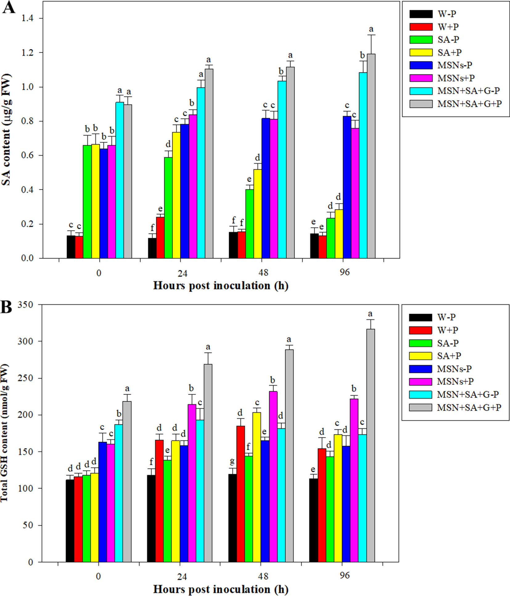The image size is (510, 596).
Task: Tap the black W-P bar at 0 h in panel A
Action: (x=71, y=247)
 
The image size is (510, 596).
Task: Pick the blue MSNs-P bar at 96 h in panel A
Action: (x=347, y=188)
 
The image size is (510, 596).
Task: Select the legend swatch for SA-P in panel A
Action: (x=421, y=40)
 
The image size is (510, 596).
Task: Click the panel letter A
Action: (x=8, y=8)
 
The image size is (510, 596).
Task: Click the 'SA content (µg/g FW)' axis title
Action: (x=6, y=130)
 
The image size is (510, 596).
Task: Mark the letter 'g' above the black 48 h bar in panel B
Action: (x=232, y=461)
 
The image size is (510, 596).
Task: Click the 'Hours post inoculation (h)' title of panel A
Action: (x=220, y=286)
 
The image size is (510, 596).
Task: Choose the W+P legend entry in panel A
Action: (x=448, y=27)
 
